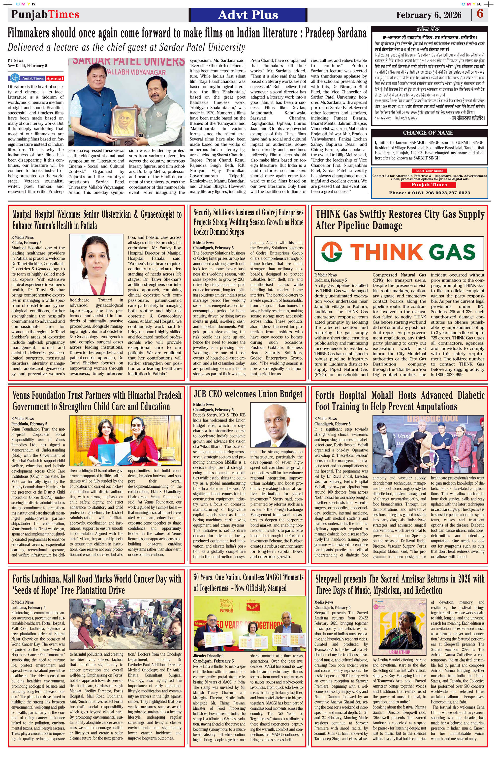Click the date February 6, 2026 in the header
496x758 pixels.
(x=429, y=15)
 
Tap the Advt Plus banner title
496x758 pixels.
(x=248, y=15)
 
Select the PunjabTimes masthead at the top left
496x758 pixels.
(x=45, y=14)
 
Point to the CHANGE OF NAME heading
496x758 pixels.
(x=428, y=133)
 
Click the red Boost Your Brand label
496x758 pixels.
(x=429, y=171)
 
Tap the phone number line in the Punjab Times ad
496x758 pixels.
(x=429, y=193)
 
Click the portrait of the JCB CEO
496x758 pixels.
(x=278, y=425)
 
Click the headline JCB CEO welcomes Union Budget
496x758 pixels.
(x=248, y=394)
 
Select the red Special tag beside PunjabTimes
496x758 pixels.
(x=55, y=78)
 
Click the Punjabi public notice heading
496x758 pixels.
(x=429, y=29)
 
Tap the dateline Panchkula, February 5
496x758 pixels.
(x=29, y=424)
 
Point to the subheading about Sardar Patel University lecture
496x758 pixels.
(x=126, y=48)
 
